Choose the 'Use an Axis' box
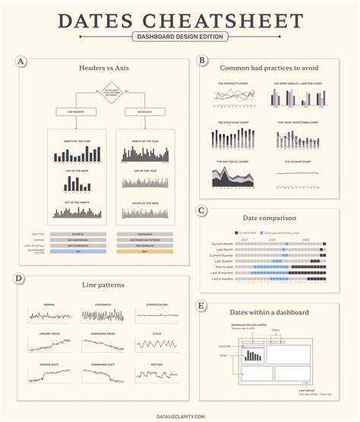(134, 112)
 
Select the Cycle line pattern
(156, 345)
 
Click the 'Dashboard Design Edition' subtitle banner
(179, 36)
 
